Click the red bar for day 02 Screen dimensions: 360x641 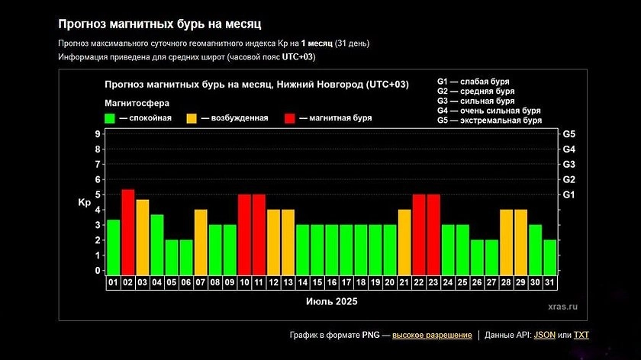coord(128,231)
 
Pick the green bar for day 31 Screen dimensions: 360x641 coord(550,256)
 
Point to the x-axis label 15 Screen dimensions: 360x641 coord(317,282)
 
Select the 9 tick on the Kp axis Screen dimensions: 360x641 coord(98,134)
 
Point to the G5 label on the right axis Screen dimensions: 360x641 coord(569,134)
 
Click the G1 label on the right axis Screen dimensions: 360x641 coord(569,194)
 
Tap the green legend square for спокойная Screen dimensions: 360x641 coord(110,118)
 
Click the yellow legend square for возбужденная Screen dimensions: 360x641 coord(192,118)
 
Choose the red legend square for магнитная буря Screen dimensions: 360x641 coord(291,118)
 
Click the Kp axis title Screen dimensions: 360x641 coord(84,203)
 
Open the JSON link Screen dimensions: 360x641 coord(545,335)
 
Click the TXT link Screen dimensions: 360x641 coord(581,335)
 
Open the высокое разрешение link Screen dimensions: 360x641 coord(432,335)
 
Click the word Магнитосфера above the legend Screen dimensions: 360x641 coord(137,102)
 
